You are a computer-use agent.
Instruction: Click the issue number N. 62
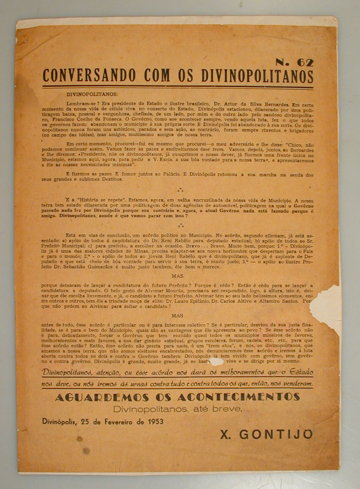(294, 62)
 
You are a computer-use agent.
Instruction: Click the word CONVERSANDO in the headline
(89, 76)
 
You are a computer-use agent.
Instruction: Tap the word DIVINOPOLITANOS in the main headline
(257, 76)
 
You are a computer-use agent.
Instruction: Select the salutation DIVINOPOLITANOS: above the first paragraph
(92, 94)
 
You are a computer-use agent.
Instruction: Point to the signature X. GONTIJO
(266, 434)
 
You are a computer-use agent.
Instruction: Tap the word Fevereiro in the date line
(119, 422)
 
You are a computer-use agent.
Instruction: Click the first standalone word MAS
(177, 276)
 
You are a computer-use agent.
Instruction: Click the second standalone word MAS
(177, 316)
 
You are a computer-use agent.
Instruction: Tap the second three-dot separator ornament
(180, 225)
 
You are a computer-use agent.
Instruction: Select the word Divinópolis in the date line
(59, 422)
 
